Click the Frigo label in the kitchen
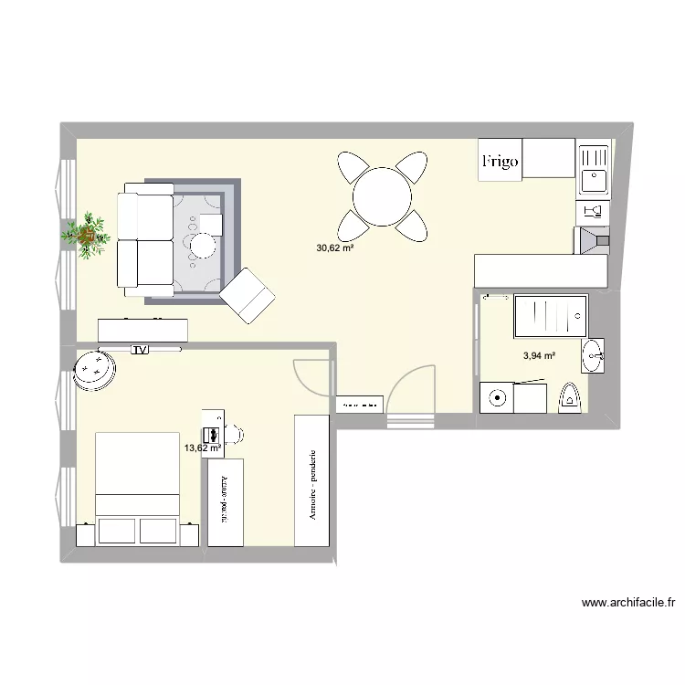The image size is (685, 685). (x=500, y=162)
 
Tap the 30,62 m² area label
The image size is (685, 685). (x=335, y=248)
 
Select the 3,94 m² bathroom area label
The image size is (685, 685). (x=539, y=357)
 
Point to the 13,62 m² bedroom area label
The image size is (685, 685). (x=203, y=448)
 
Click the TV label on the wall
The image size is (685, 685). (x=140, y=349)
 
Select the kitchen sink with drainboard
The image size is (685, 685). (x=594, y=169)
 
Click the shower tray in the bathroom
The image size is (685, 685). (x=551, y=317)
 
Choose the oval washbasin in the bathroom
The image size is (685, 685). (x=594, y=356)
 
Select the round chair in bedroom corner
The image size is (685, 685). (x=94, y=369)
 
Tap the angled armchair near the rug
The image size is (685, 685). (x=248, y=294)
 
